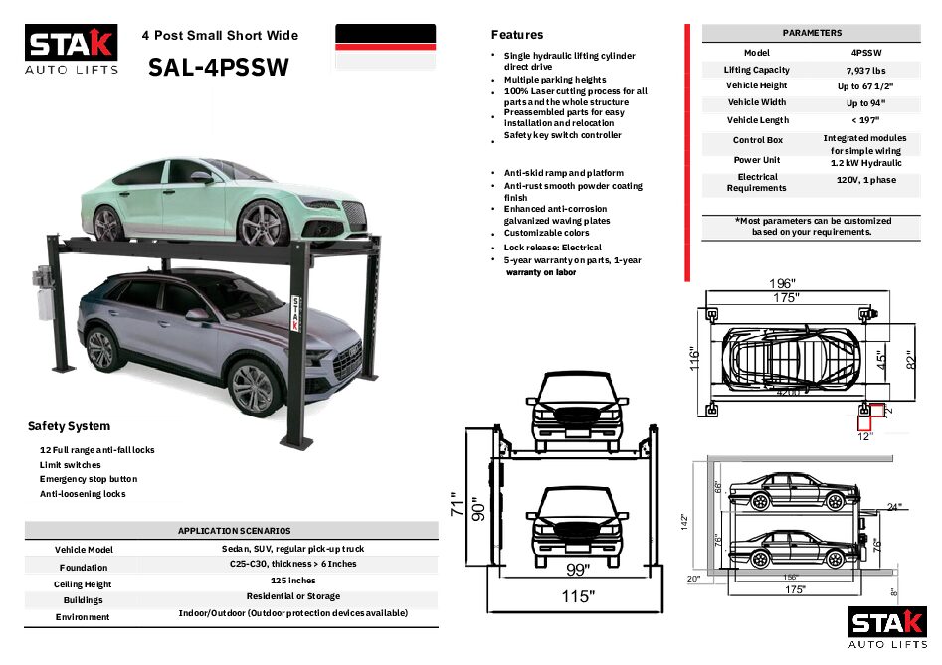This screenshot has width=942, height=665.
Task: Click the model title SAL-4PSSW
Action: tap(218, 67)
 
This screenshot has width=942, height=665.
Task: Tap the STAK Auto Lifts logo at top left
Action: tap(72, 50)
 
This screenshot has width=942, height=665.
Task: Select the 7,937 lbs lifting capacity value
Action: tap(861, 71)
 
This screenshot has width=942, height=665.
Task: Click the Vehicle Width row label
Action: tap(756, 102)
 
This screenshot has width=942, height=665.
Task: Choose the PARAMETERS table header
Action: tap(812, 33)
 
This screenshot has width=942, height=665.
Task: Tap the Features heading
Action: tap(517, 35)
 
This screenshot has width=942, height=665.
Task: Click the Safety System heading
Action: tap(69, 426)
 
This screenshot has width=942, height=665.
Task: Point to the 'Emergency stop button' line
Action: tap(89, 479)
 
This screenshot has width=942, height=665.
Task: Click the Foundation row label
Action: tap(84, 567)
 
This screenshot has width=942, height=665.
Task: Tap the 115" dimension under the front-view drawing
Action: tap(577, 596)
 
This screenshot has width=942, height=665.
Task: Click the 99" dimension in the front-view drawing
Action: tap(577, 569)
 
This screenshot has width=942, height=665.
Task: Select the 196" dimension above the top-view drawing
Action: tap(783, 282)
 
